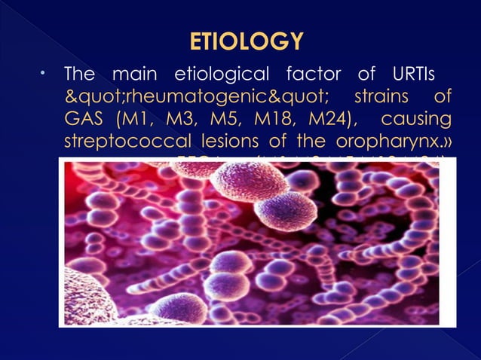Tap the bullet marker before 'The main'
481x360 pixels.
(44, 74)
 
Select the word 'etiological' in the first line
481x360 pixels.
(221, 75)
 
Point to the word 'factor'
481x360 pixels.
(314, 75)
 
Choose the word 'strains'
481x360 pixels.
(381, 98)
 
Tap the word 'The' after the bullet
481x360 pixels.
(80, 75)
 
